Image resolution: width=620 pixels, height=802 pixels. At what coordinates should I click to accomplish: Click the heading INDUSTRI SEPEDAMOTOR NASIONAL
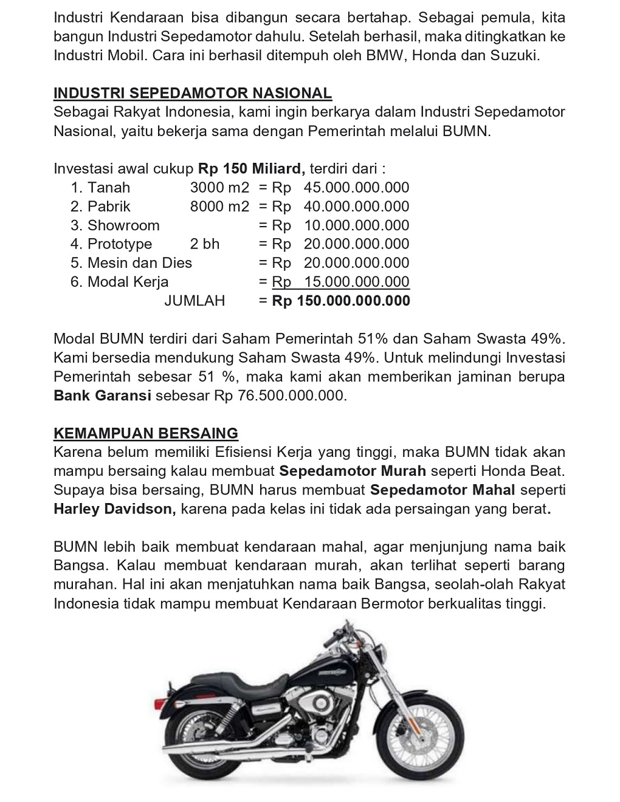[193, 94]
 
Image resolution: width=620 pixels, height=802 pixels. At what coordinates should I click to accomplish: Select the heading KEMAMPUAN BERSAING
[146, 433]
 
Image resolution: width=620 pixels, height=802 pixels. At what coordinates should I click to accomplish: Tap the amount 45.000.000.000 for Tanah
[356, 188]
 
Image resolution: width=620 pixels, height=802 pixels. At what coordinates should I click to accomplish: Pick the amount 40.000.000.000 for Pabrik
[356, 207]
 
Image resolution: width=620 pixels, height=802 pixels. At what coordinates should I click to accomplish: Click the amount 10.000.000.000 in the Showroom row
[356, 225]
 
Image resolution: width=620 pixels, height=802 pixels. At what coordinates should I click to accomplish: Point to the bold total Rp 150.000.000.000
[341, 301]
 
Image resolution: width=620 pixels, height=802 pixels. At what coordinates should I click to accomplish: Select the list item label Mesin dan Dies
[139, 263]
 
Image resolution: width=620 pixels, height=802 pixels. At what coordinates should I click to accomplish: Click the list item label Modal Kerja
[128, 282]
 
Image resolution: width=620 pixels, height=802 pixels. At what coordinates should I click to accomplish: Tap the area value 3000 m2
[219, 188]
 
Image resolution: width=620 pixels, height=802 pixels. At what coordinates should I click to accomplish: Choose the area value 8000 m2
[219, 207]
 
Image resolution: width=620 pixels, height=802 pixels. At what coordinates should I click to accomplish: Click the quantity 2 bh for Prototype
[205, 244]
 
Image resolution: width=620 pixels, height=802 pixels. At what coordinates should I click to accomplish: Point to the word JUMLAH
[195, 301]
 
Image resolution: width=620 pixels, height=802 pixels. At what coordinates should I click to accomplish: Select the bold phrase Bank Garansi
[102, 396]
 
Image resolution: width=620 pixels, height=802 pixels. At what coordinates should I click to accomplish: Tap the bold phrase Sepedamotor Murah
[353, 471]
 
